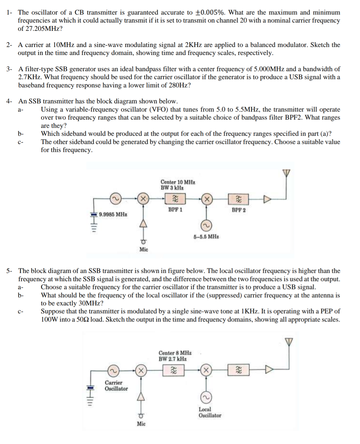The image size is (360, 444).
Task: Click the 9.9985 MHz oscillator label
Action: pyautogui.click(x=113, y=214)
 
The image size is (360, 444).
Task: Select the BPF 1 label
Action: pyautogui.click(x=175, y=210)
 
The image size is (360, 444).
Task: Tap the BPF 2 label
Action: pyautogui.click(x=238, y=210)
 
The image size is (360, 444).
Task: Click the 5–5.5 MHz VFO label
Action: pyautogui.click(x=206, y=236)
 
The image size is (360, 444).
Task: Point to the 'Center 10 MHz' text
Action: pyautogui.click(x=178, y=182)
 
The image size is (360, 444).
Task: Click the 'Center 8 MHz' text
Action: pyautogui.click(x=175, y=353)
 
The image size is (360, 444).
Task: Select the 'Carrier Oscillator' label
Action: pyautogui.click(x=116, y=386)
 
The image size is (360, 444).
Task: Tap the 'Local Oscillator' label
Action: pyautogui.click(x=210, y=412)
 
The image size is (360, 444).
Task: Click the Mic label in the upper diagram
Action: pyautogui.click(x=144, y=249)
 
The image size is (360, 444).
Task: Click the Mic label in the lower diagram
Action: pyautogui.click(x=141, y=424)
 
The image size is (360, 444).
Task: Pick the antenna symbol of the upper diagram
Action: pyautogui.click(x=286, y=173)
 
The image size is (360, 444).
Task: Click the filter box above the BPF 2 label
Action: pyautogui.click(x=238, y=199)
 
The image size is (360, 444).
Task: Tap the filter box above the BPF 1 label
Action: pyautogui.click(x=175, y=198)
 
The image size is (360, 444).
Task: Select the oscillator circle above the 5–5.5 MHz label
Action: pyautogui.click(x=206, y=225)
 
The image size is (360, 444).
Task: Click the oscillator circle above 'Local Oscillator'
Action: pyautogui.click(x=206, y=397)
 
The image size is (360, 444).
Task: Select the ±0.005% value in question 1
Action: pyautogui.click(x=210, y=12)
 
